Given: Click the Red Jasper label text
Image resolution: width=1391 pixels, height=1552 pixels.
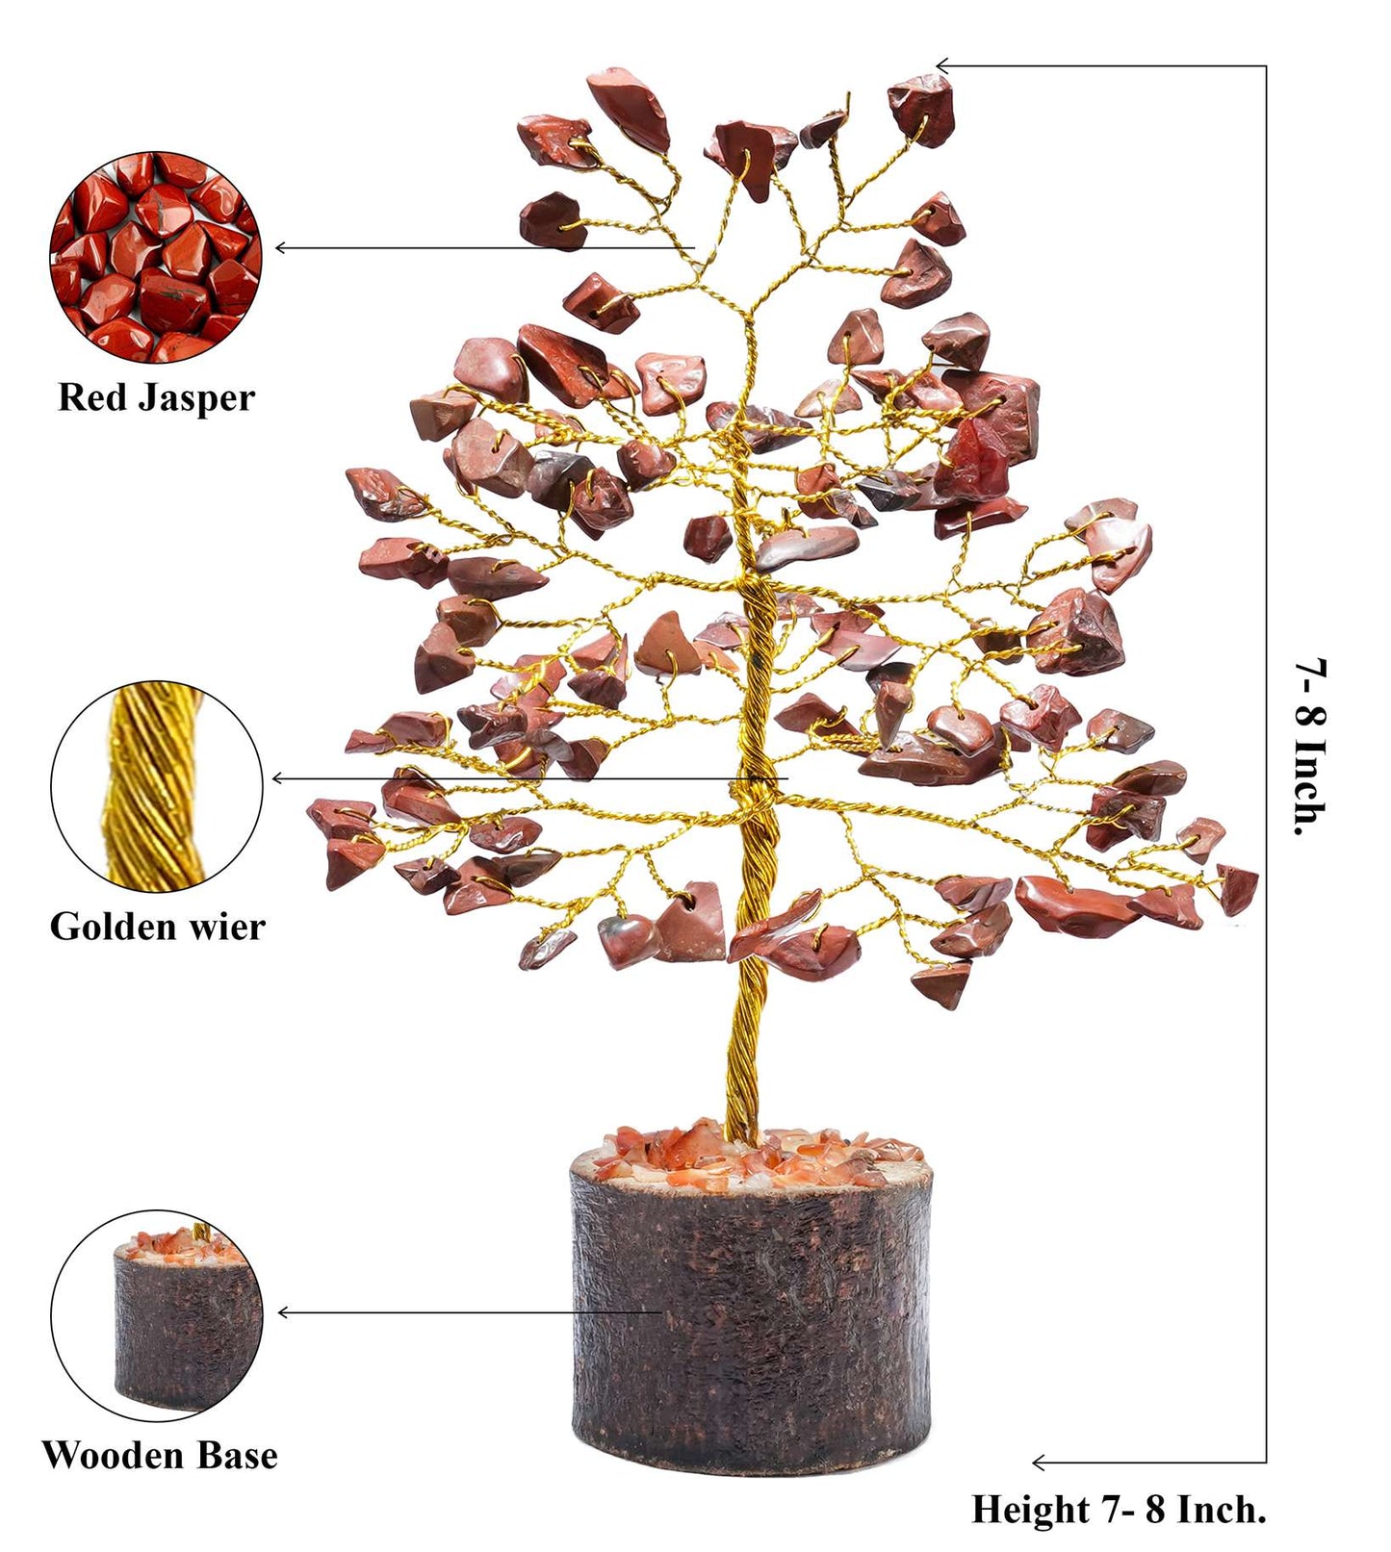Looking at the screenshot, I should (156, 397).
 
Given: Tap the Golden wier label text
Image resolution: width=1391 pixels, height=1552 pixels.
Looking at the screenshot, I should (157, 927).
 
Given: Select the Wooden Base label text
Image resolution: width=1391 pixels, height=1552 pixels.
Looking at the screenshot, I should (159, 1455).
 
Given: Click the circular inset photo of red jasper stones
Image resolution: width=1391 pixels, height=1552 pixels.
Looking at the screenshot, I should (155, 257).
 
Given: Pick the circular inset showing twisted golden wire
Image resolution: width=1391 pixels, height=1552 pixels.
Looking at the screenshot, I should (156, 786).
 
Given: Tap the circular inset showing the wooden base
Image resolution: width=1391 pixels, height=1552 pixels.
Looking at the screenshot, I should (156, 1315).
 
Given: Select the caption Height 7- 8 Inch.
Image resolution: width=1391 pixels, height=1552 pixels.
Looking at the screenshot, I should (1118, 1509).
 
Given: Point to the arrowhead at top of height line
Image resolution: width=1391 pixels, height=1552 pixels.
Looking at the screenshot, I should (942, 66).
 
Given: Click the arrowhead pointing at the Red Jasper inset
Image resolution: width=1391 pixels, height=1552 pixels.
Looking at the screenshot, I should (281, 248).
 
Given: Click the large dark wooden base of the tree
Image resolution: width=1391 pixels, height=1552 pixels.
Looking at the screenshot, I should (751, 1318).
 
